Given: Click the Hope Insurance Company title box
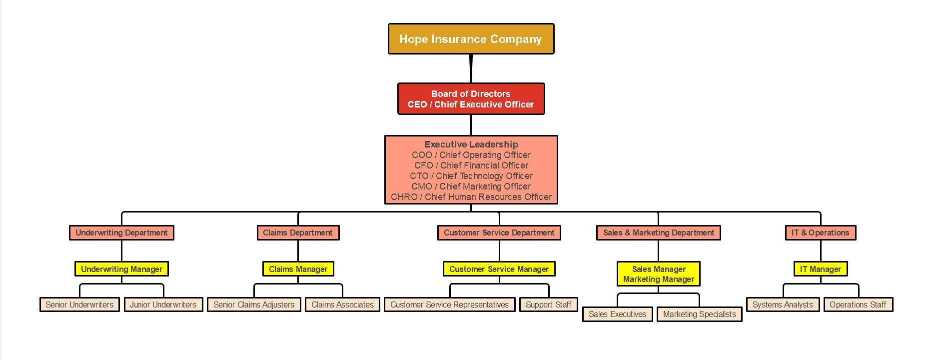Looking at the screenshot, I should [471, 39].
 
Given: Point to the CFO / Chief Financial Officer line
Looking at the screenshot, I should [471, 165].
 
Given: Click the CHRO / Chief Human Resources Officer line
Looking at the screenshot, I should [471, 197].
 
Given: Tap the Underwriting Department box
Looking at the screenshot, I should [121, 232].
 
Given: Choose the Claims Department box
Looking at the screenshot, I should [298, 232].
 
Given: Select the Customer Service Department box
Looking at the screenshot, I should [499, 232].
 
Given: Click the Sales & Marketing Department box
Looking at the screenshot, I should [658, 232].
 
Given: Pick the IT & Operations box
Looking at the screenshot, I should [820, 232].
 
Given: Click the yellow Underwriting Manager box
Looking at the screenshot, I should [121, 269].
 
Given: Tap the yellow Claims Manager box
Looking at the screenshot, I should [298, 269].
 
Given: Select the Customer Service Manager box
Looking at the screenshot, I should [499, 269].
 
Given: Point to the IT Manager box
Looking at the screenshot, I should [820, 269].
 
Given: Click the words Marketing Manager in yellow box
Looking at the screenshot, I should [658, 279].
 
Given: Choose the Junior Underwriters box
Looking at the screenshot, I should [163, 304].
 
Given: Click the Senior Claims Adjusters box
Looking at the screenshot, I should [254, 304].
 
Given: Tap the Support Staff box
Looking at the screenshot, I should [548, 304].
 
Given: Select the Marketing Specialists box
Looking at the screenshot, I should [699, 314].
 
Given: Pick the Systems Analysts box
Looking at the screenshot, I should [783, 304].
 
